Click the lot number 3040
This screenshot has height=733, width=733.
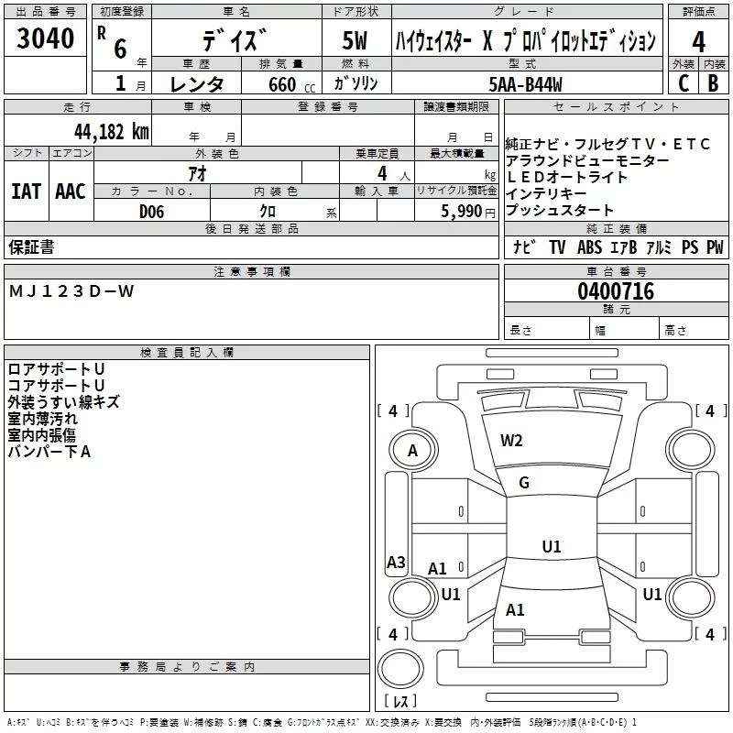click(45, 38)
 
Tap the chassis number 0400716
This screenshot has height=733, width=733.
click(616, 292)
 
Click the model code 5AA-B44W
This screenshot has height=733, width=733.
click(526, 82)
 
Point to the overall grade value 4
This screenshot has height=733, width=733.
click(698, 41)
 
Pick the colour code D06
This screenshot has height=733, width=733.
click(152, 212)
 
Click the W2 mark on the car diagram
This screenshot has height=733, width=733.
click(511, 441)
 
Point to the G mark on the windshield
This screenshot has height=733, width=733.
click(524, 483)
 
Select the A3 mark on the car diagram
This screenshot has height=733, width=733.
click(396, 563)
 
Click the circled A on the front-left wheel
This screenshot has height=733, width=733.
click(412, 451)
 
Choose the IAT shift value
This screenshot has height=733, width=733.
click(26, 191)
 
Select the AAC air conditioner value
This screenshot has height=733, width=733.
click(70, 191)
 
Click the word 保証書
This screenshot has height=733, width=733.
click(31, 247)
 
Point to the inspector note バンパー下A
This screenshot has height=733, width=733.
click(49, 451)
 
